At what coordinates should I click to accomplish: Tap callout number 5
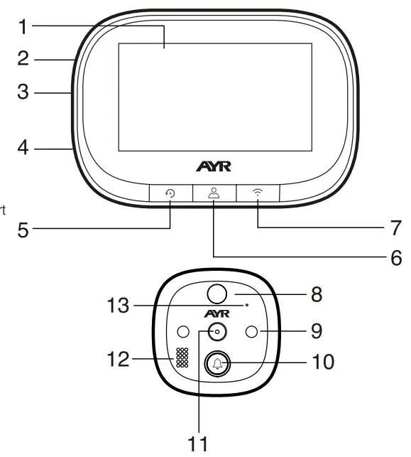point(23,230)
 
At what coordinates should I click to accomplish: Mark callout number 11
point(200,443)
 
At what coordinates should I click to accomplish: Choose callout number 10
point(320,362)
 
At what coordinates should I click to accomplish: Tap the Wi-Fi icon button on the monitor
point(256,192)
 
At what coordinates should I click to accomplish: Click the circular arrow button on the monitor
point(171,193)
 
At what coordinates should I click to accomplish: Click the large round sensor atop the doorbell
point(216,293)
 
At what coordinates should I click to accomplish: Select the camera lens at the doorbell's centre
point(217,332)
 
